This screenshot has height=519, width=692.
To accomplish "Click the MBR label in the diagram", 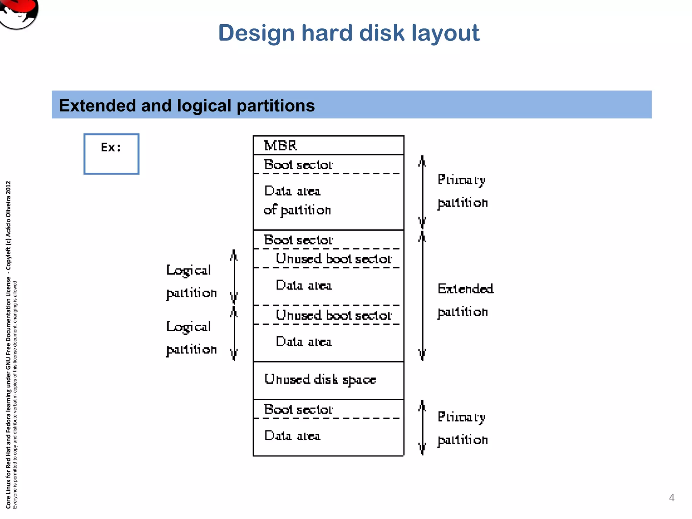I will click(280, 146).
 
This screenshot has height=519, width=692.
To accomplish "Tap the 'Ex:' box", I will click(111, 154).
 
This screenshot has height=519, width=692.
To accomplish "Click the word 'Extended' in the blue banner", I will click(97, 105).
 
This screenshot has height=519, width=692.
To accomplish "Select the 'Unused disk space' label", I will click(320, 379).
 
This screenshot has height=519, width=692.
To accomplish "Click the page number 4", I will click(671, 497).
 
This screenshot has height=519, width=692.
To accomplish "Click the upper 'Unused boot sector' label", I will click(333, 259).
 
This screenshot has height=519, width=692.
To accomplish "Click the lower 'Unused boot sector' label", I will click(333, 315).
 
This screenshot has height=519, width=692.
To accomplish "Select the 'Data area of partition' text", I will click(297, 201).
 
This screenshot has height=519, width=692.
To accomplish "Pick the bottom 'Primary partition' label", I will click(462, 428).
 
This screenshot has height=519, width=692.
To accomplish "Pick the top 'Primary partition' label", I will click(462, 191).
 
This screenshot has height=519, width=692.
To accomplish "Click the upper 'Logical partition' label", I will click(191, 281).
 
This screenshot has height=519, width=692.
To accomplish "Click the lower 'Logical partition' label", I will click(191, 338).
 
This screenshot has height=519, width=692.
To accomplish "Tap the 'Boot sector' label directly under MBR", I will click(298, 165).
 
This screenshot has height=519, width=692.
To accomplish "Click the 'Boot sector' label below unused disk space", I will click(298, 410).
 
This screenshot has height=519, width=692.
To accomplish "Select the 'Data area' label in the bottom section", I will click(292, 436).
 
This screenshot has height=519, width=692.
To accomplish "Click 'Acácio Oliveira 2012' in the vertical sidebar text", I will click(8, 209).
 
